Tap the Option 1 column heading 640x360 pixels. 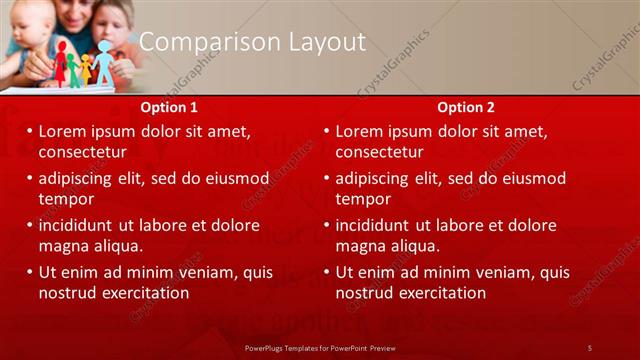[x=171, y=107]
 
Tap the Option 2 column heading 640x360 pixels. [x=466, y=107]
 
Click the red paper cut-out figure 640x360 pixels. [x=61, y=63]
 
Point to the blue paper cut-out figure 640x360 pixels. [x=104, y=63]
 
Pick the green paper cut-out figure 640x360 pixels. [x=73, y=70]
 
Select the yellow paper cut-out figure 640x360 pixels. [x=86, y=68]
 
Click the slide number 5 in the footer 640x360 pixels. [x=590, y=347]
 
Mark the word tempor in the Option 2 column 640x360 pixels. [x=362, y=199]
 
